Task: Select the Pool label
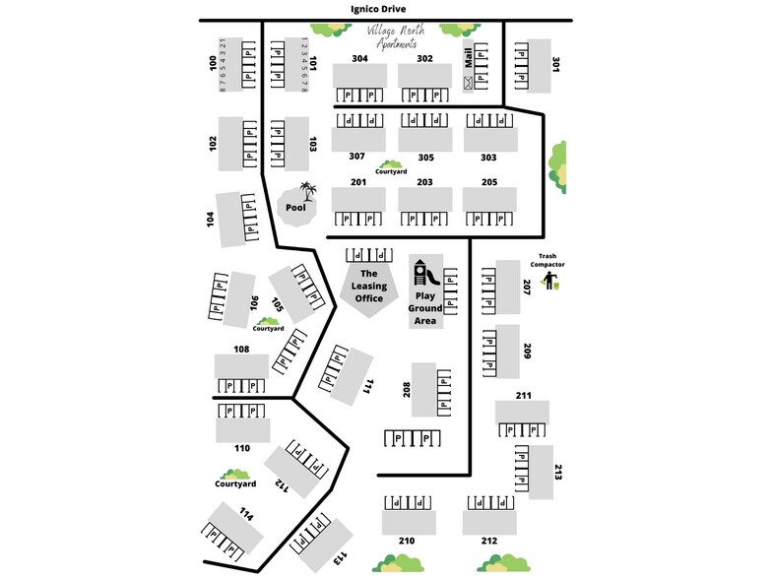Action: [x=295, y=208]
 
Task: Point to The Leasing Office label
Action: [x=369, y=286]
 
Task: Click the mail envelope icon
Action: [x=467, y=83]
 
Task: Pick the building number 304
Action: [x=359, y=58]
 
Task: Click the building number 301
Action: [x=556, y=65]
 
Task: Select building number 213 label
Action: [x=557, y=473]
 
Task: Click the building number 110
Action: [x=242, y=448]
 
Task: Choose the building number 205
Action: [x=489, y=182]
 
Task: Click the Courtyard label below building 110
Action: [x=235, y=483]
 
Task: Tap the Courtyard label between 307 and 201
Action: [x=390, y=171]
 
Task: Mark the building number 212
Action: [x=489, y=541]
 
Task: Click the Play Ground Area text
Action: [x=425, y=307]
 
